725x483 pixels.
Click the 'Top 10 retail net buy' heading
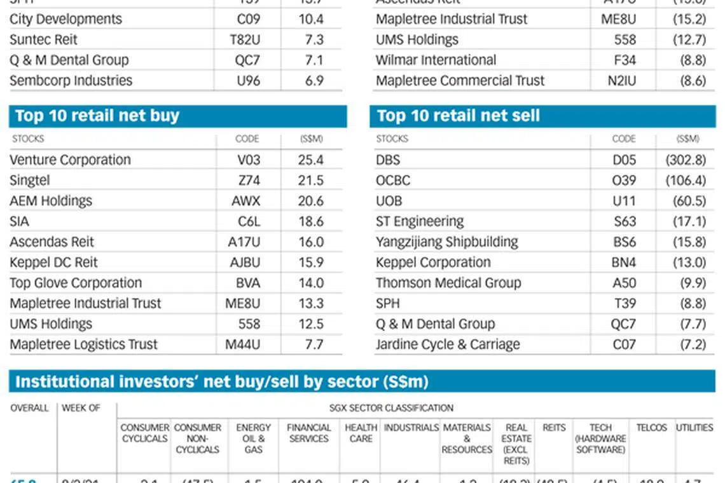click(x=97, y=116)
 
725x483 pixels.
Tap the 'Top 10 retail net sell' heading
click(x=458, y=116)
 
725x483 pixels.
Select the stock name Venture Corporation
click(x=70, y=160)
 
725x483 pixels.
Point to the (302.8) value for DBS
click(x=686, y=160)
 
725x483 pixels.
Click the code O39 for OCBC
click(x=623, y=180)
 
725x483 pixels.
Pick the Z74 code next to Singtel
click(x=249, y=180)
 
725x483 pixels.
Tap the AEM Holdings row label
click(x=51, y=201)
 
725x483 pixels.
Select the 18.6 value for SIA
click(x=310, y=221)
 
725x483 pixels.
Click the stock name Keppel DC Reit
click(x=53, y=262)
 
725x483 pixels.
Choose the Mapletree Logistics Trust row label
click(x=83, y=344)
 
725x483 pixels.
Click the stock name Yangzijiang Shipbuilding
click(x=446, y=242)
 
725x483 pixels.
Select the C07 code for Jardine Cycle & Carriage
click(x=624, y=344)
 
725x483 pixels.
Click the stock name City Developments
click(x=66, y=19)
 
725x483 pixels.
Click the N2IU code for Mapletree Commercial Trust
click(x=618, y=81)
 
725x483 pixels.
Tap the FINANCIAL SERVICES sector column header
click(x=309, y=433)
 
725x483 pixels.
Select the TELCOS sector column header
click(x=651, y=428)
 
